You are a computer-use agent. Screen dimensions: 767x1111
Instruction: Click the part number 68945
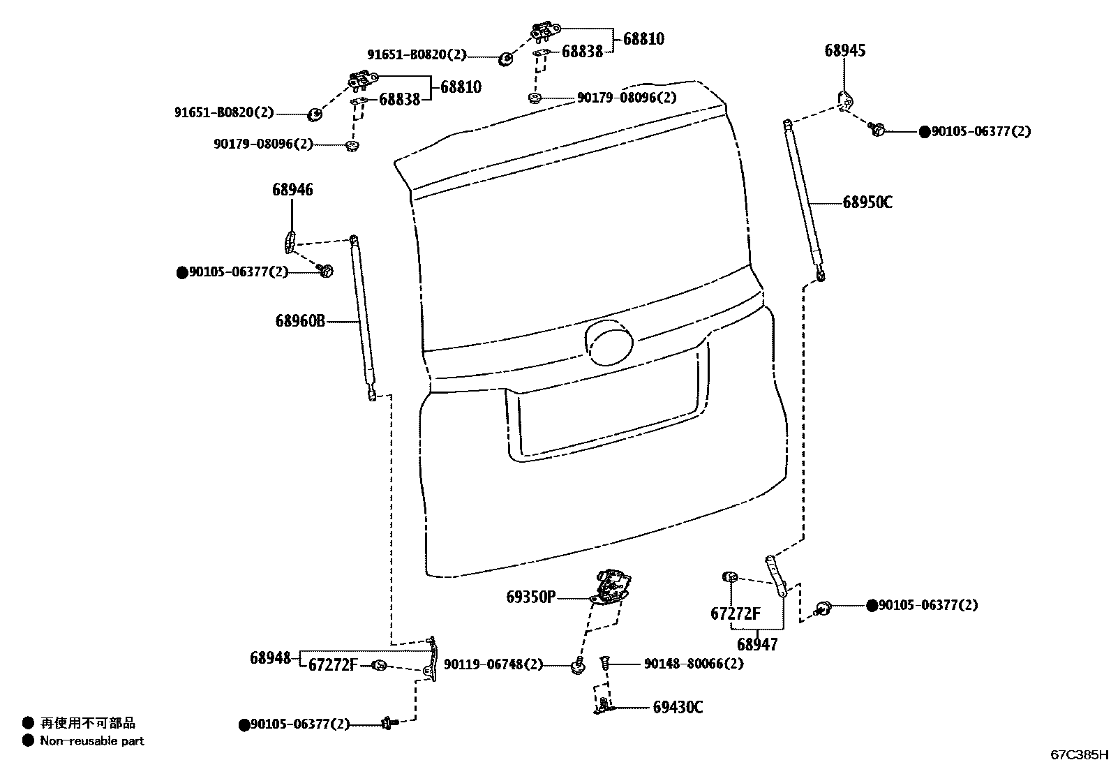click(x=844, y=50)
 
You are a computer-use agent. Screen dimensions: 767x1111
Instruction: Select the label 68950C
click(x=867, y=202)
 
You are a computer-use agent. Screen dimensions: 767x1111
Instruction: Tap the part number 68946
click(x=292, y=190)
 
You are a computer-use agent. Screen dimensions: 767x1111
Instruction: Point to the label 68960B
click(x=300, y=321)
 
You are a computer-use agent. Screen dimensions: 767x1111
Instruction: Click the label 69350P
click(x=531, y=597)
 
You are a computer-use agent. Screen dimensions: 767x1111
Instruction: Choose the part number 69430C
click(x=678, y=708)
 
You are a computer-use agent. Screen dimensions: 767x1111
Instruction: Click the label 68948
click(x=270, y=658)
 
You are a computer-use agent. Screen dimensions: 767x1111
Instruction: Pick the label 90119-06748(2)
click(x=493, y=664)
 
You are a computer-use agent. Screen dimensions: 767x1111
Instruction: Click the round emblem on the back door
click(x=609, y=343)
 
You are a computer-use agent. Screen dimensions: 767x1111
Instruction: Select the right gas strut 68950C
click(x=805, y=199)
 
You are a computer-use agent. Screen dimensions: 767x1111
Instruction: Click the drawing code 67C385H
click(x=1079, y=754)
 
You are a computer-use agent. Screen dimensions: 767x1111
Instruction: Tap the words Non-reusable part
click(x=92, y=740)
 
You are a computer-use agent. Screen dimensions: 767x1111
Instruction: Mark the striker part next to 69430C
click(x=603, y=705)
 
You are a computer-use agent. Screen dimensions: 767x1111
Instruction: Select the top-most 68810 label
click(x=643, y=39)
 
